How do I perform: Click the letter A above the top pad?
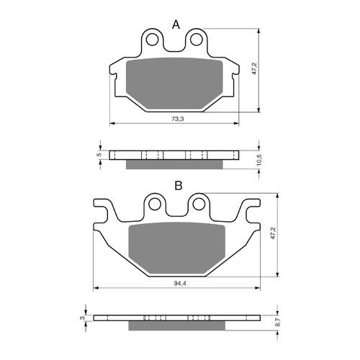[175, 25]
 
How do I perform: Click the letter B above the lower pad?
[177, 186]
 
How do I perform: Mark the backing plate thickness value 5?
[99, 153]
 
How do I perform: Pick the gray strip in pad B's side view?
[178, 325]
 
